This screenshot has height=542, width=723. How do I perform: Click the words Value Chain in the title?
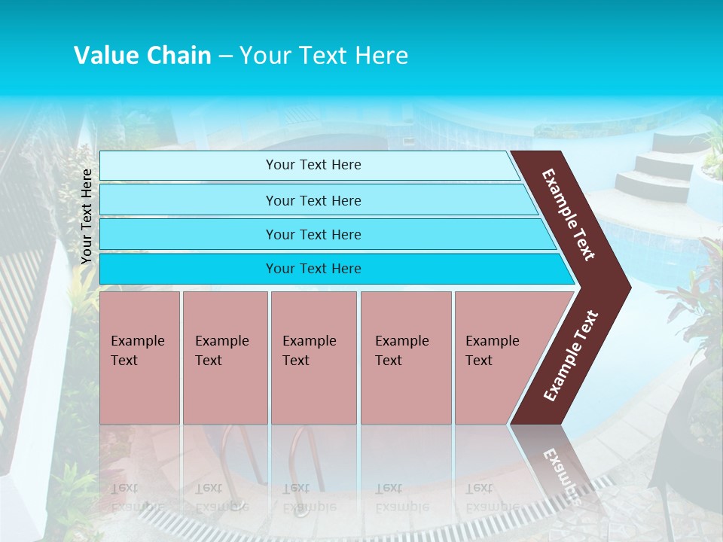pyautogui.click(x=142, y=56)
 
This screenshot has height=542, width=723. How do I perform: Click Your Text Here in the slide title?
pyautogui.click(x=324, y=56)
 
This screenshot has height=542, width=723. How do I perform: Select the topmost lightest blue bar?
pyautogui.click(x=313, y=165)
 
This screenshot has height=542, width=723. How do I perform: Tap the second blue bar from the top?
pyautogui.click(x=313, y=200)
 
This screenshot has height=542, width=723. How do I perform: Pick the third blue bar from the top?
pyautogui.click(x=313, y=234)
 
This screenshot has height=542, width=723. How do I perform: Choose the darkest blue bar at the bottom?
pyautogui.click(x=313, y=269)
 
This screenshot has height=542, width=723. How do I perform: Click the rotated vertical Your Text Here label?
pyautogui.click(x=87, y=216)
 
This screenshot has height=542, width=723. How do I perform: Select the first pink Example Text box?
pyautogui.click(x=139, y=357)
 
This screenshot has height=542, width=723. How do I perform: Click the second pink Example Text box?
pyautogui.click(x=224, y=357)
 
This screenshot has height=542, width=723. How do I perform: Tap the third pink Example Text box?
pyautogui.click(x=313, y=357)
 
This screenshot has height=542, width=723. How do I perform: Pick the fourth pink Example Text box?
pyautogui.click(x=405, y=357)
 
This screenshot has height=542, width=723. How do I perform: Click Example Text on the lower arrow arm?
pyautogui.click(x=571, y=355)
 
